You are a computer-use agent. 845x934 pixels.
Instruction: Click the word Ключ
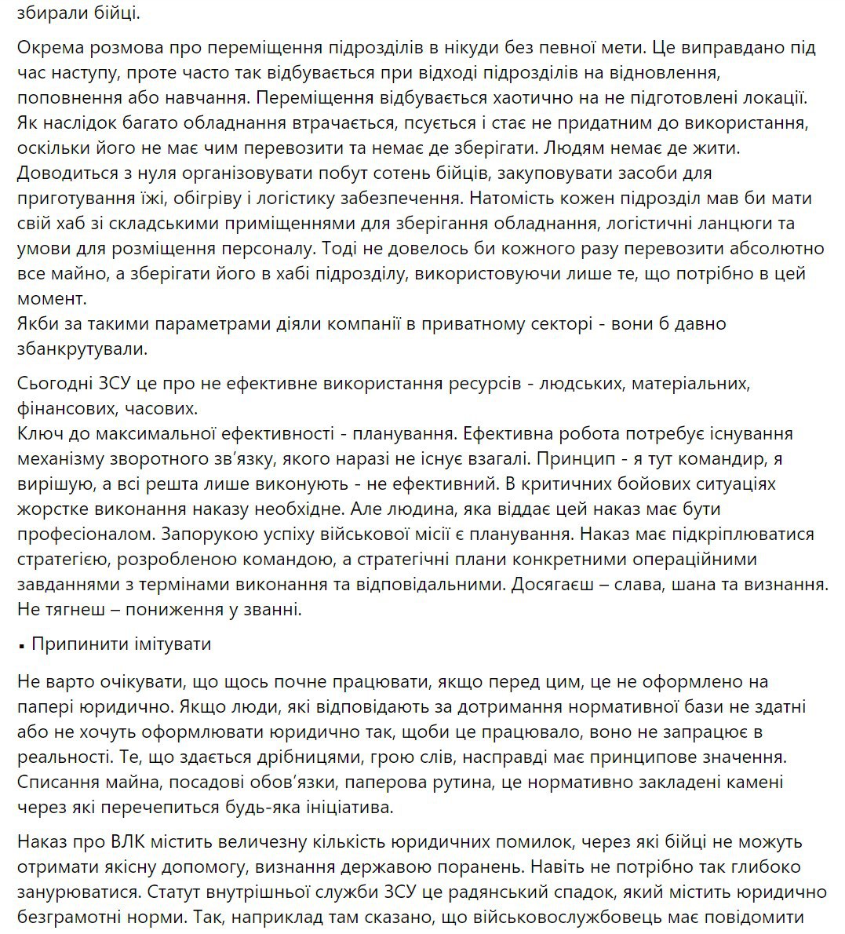tap(39, 434)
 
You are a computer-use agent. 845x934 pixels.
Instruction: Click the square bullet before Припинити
tap(21, 646)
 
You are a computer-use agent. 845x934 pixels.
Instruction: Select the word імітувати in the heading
tap(174, 644)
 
